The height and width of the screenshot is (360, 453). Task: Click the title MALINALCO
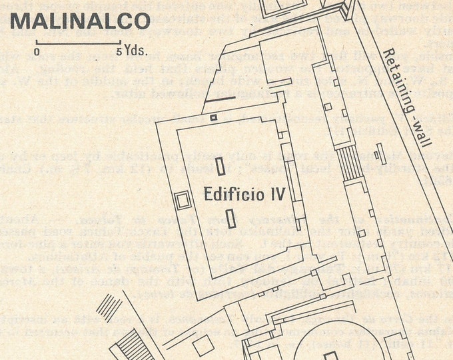click(x=81, y=21)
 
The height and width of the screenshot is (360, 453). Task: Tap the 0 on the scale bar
click(x=37, y=51)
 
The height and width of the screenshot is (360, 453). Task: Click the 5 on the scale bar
click(x=119, y=51)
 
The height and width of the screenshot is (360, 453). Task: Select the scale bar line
click(x=77, y=43)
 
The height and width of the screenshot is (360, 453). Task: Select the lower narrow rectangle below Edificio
click(x=231, y=219)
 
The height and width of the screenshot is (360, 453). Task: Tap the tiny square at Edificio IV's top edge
click(x=213, y=117)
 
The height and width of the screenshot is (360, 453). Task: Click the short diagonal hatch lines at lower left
click(x=110, y=307)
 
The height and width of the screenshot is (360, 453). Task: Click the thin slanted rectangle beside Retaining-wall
click(x=377, y=155)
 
